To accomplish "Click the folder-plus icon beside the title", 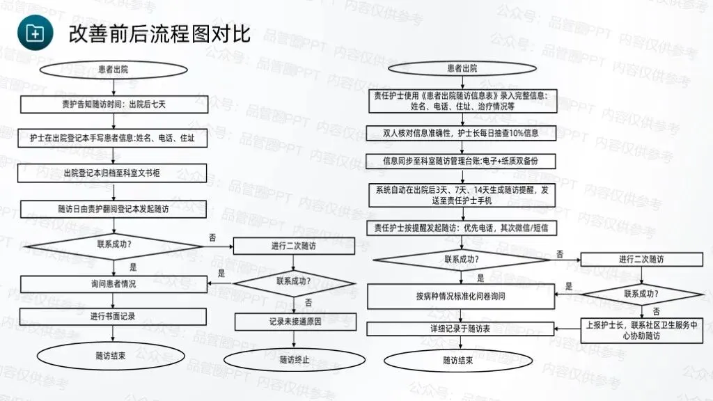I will (x=33, y=32).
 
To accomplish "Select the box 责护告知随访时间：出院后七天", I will (x=113, y=104).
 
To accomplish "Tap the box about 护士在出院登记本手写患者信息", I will (x=113, y=139).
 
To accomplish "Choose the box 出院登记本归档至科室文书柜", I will (x=113, y=173).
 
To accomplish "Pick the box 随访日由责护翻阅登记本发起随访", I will (x=113, y=208).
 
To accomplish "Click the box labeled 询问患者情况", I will (x=113, y=283).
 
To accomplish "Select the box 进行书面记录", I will (x=113, y=316).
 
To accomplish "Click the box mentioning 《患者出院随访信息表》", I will (x=462, y=100).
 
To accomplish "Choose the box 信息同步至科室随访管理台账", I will (x=462, y=161).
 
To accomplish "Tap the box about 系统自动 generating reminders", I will (x=462, y=194).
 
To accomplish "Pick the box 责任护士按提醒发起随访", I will (x=462, y=228).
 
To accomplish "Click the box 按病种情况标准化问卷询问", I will (x=461, y=296).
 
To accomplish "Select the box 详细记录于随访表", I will (x=461, y=328).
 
